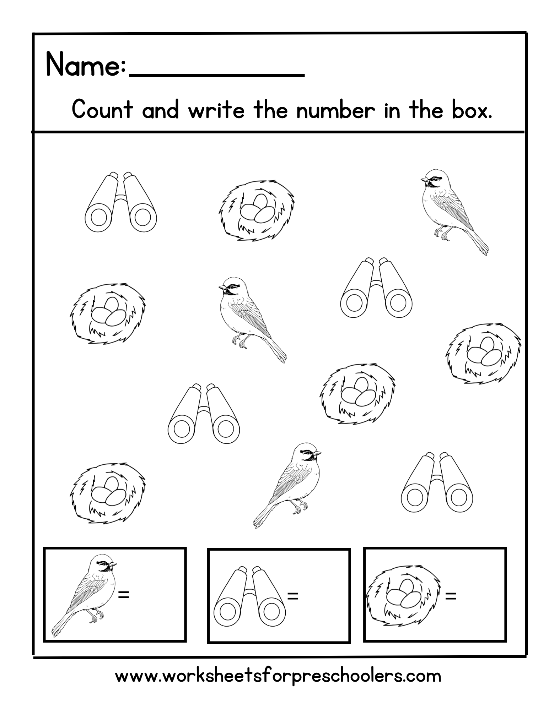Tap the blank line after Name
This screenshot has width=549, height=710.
tap(217, 74)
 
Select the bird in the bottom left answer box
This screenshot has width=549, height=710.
tap(85, 593)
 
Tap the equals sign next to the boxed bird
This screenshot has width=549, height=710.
tap(123, 594)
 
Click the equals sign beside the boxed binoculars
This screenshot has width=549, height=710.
tap(292, 596)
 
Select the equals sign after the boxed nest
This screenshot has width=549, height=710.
tap(450, 596)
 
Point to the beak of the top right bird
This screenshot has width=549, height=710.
tap(424, 180)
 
